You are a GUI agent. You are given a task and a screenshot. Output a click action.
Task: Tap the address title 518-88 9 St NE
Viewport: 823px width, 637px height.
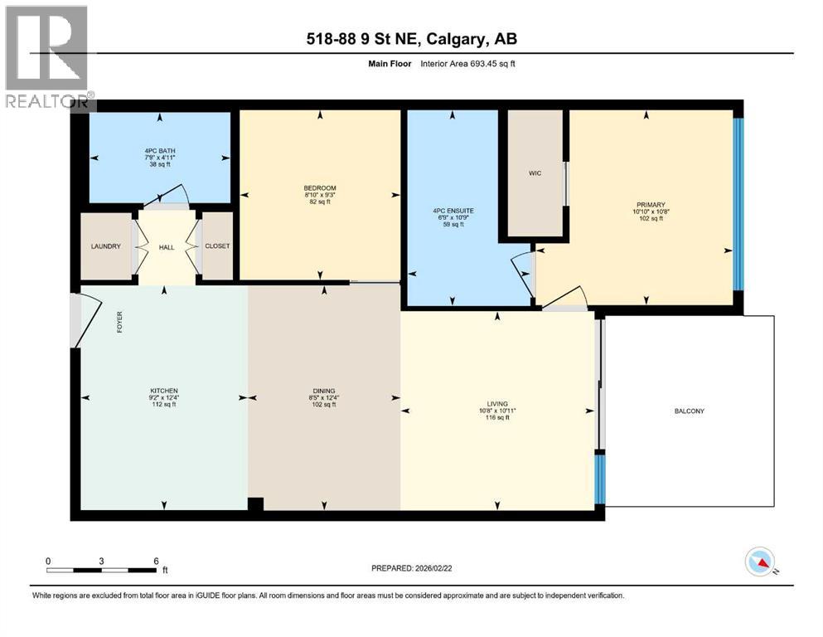(x=411, y=39)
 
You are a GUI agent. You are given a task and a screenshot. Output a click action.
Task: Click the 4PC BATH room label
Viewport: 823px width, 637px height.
(x=159, y=151)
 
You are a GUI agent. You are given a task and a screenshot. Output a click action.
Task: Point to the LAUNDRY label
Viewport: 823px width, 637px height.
(x=106, y=246)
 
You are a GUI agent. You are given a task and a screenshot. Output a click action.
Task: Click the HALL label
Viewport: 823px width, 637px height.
(x=167, y=247)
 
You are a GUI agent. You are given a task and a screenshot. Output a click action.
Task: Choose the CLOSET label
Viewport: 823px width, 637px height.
(x=218, y=246)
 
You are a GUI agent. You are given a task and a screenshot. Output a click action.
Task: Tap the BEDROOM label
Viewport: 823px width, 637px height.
(x=320, y=188)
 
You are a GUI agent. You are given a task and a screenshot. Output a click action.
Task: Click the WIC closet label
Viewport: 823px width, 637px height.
(x=535, y=174)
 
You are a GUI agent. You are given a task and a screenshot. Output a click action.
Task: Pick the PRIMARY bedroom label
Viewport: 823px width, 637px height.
(x=651, y=205)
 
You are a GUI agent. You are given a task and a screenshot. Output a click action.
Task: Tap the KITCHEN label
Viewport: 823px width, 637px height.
(x=163, y=391)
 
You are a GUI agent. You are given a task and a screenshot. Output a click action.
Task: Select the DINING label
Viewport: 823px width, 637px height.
(x=322, y=391)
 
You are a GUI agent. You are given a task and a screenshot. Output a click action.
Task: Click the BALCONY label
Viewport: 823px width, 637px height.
(x=689, y=411)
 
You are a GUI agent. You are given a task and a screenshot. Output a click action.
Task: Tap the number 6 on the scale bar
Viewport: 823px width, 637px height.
(x=156, y=561)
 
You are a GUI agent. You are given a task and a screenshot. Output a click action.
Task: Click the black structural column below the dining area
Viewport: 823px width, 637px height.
(x=256, y=503)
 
